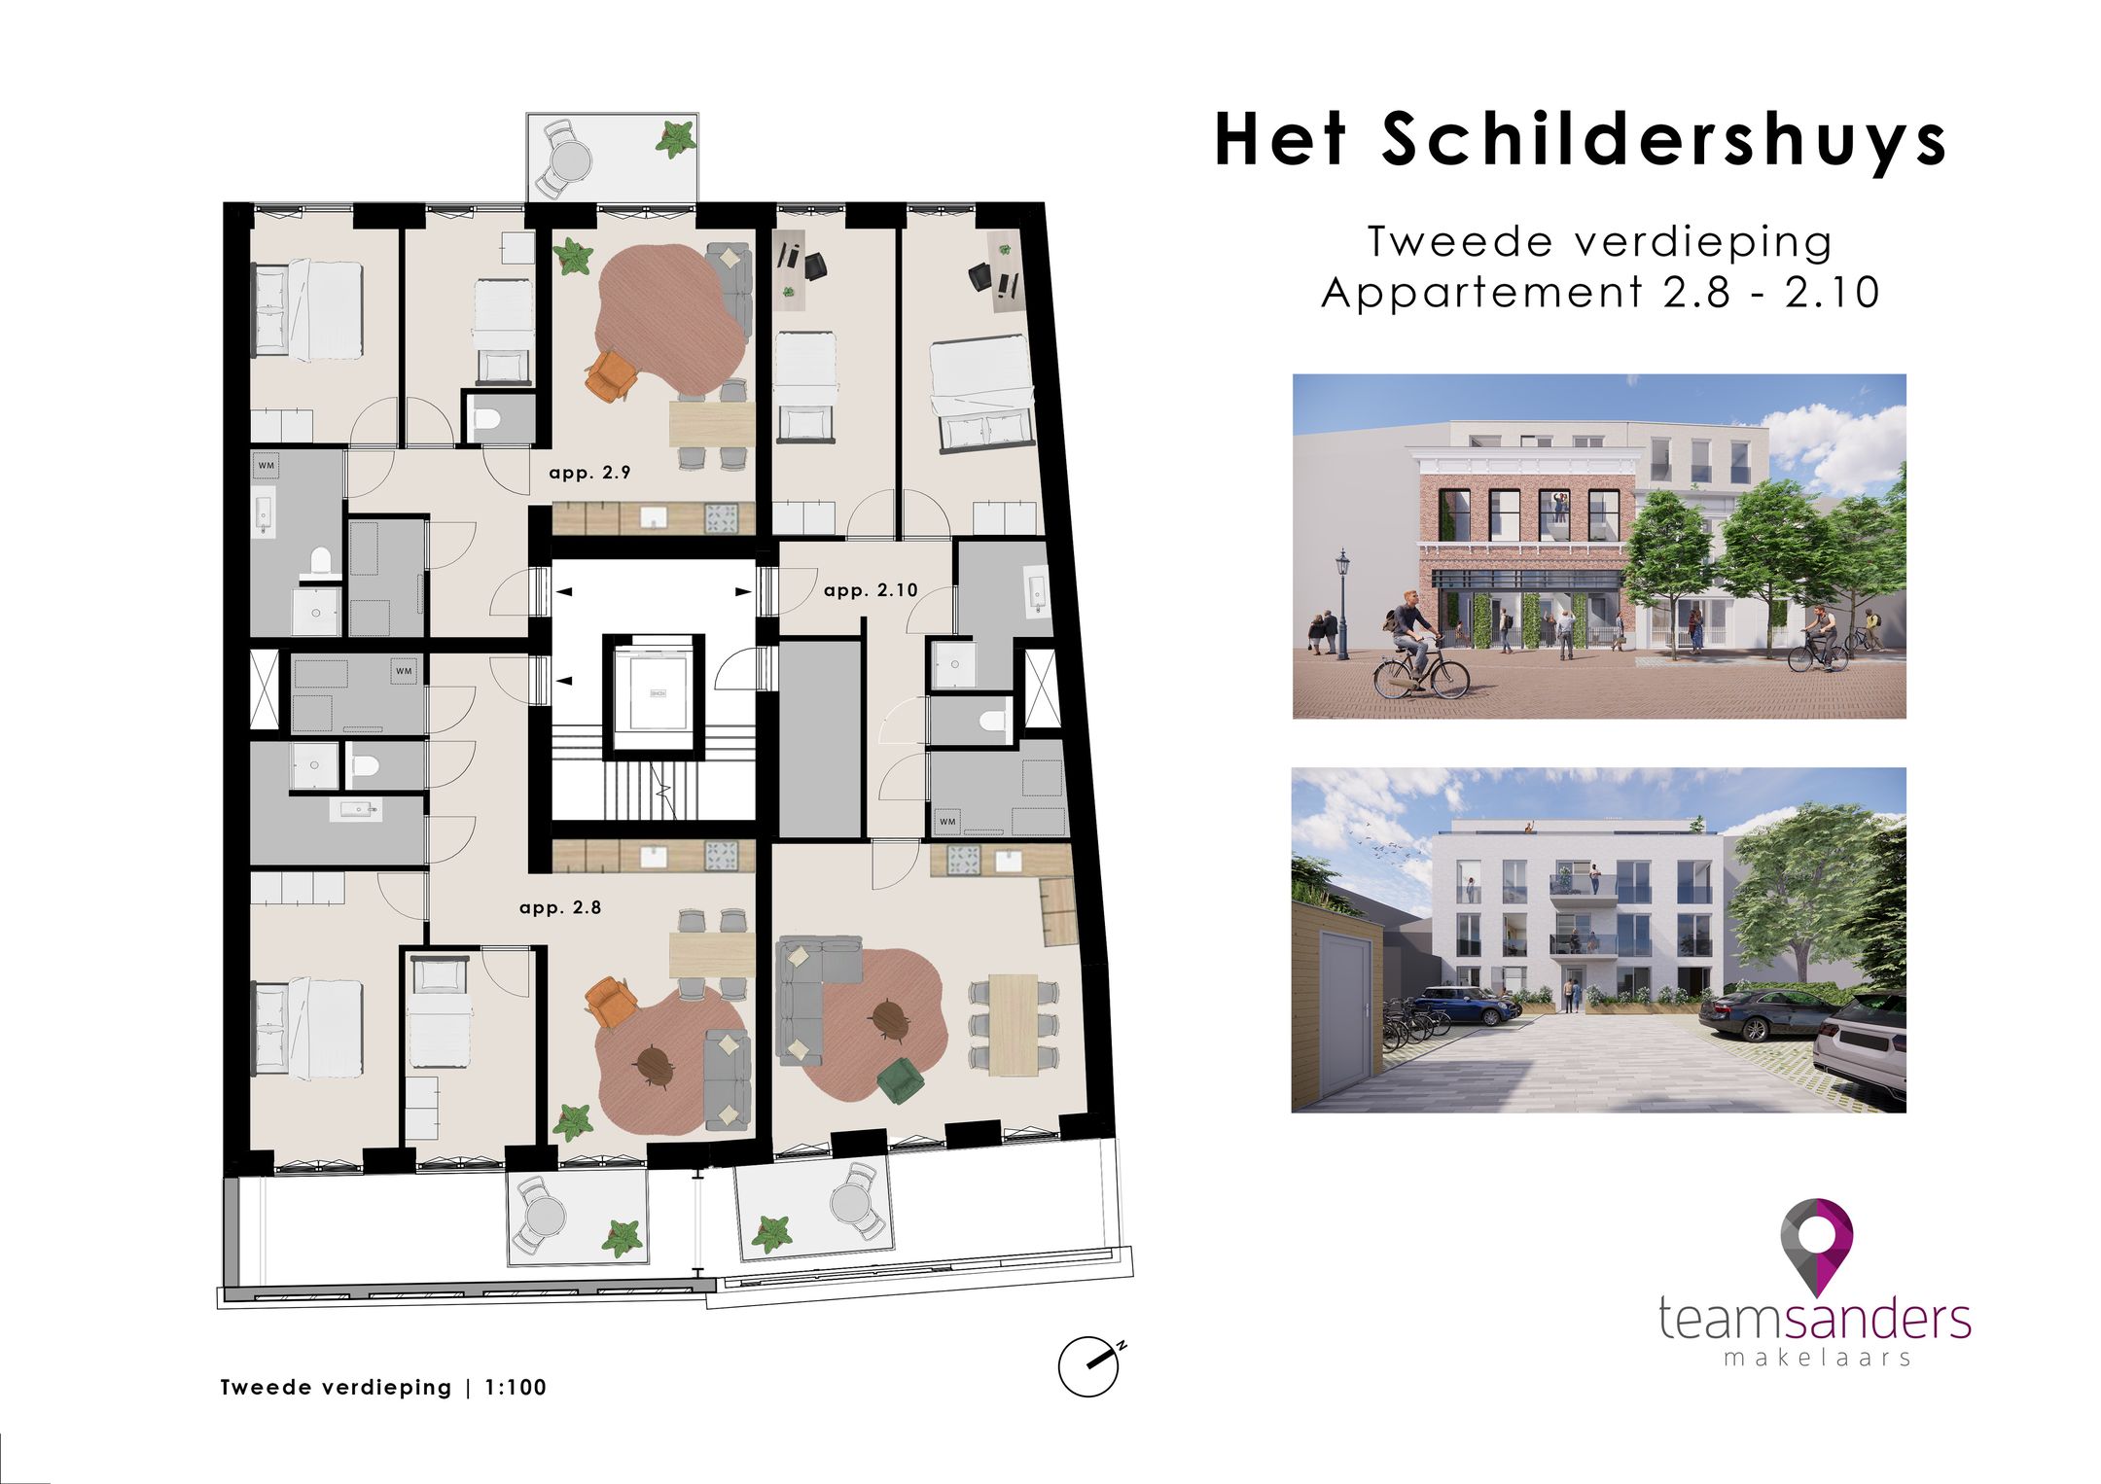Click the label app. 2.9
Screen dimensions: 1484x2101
click(x=589, y=473)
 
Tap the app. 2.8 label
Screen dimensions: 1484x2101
click(x=560, y=907)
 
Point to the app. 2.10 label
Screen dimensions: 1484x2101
click(x=871, y=590)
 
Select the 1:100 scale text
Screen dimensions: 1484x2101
click(x=516, y=1388)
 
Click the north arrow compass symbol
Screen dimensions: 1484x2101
click(x=1089, y=1365)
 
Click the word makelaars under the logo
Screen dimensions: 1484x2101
click(x=1817, y=1358)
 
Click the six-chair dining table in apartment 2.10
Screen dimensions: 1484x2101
click(x=1014, y=1024)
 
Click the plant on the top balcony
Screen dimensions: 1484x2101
click(x=675, y=140)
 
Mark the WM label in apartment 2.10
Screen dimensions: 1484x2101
click(x=947, y=822)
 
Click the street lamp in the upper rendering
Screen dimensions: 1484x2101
click(x=1343, y=598)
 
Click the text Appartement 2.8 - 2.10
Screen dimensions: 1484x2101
click(x=1600, y=293)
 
